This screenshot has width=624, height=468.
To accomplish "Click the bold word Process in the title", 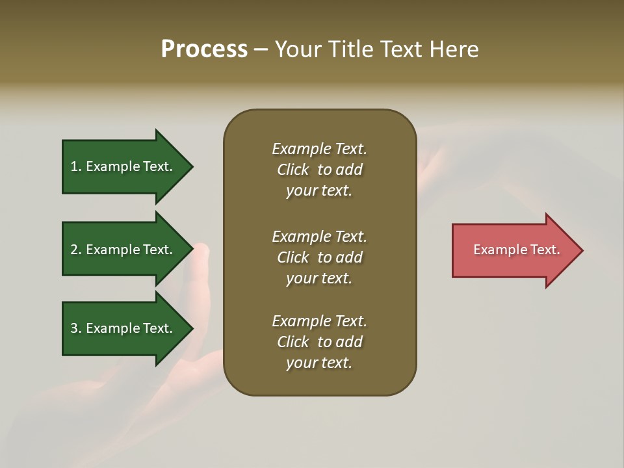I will (204, 49).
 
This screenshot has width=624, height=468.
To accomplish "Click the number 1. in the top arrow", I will (75, 166).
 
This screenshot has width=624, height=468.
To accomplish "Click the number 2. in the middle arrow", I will (75, 250).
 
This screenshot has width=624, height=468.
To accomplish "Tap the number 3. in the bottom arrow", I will (75, 328).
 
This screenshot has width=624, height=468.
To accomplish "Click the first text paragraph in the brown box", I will (319, 170).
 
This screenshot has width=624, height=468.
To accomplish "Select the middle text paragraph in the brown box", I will (319, 257).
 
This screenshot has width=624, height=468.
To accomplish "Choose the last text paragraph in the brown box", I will (319, 342).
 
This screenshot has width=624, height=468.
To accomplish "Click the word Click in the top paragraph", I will (293, 170).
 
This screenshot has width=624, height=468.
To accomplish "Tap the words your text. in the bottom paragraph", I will (319, 363).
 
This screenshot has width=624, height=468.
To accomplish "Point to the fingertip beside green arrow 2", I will (201, 249).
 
